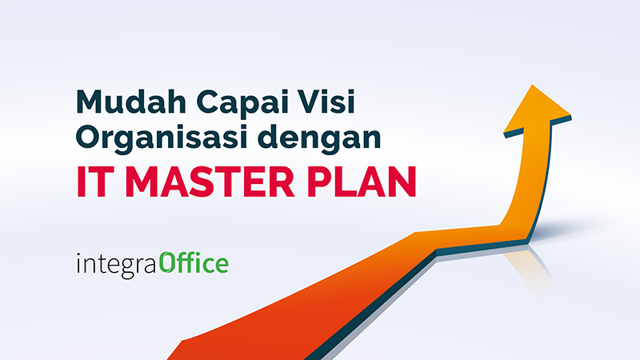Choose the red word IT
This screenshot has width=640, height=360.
(92, 181)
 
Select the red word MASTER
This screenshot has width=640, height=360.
(217, 181)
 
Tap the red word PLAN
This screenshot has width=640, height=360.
(367, 181)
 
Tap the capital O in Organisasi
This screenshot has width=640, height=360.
(89, 139)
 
